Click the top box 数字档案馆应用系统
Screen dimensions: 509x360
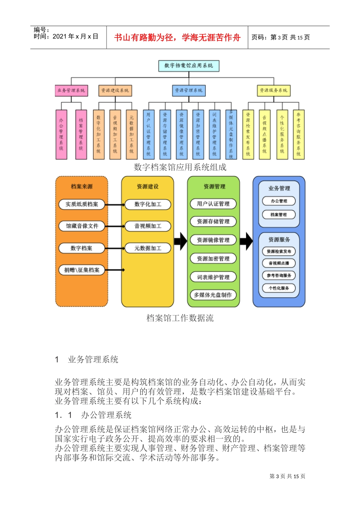click(189, 66)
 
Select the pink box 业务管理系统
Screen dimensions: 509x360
click(71, 91)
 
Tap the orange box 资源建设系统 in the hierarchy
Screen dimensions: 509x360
click(115, 91)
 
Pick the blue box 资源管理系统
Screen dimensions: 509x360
click(189, 91)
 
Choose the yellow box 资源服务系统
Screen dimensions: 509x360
click(274, 91)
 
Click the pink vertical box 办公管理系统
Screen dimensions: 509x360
click(61, 134)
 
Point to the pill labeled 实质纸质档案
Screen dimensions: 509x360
click(82, 204)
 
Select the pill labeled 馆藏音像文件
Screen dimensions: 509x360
click(82, 226)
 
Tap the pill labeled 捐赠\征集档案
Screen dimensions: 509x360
click(82, 270)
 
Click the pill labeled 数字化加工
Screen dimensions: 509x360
click(148, 204)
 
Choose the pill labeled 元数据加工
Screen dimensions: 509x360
click(148, 248)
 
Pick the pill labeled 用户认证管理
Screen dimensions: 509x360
click(213, 204)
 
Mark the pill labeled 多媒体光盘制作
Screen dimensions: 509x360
click(213, 295)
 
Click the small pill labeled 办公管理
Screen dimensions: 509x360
click(279, 201)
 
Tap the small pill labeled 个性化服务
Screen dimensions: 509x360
click(279, 288)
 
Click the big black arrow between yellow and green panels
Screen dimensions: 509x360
click(180, 241)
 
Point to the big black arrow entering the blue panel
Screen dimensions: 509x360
click(246, 241)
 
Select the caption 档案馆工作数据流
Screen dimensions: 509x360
click(180, 318)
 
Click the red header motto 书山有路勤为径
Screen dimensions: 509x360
click(177, 37)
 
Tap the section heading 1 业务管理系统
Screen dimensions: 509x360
click(87, 359)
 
